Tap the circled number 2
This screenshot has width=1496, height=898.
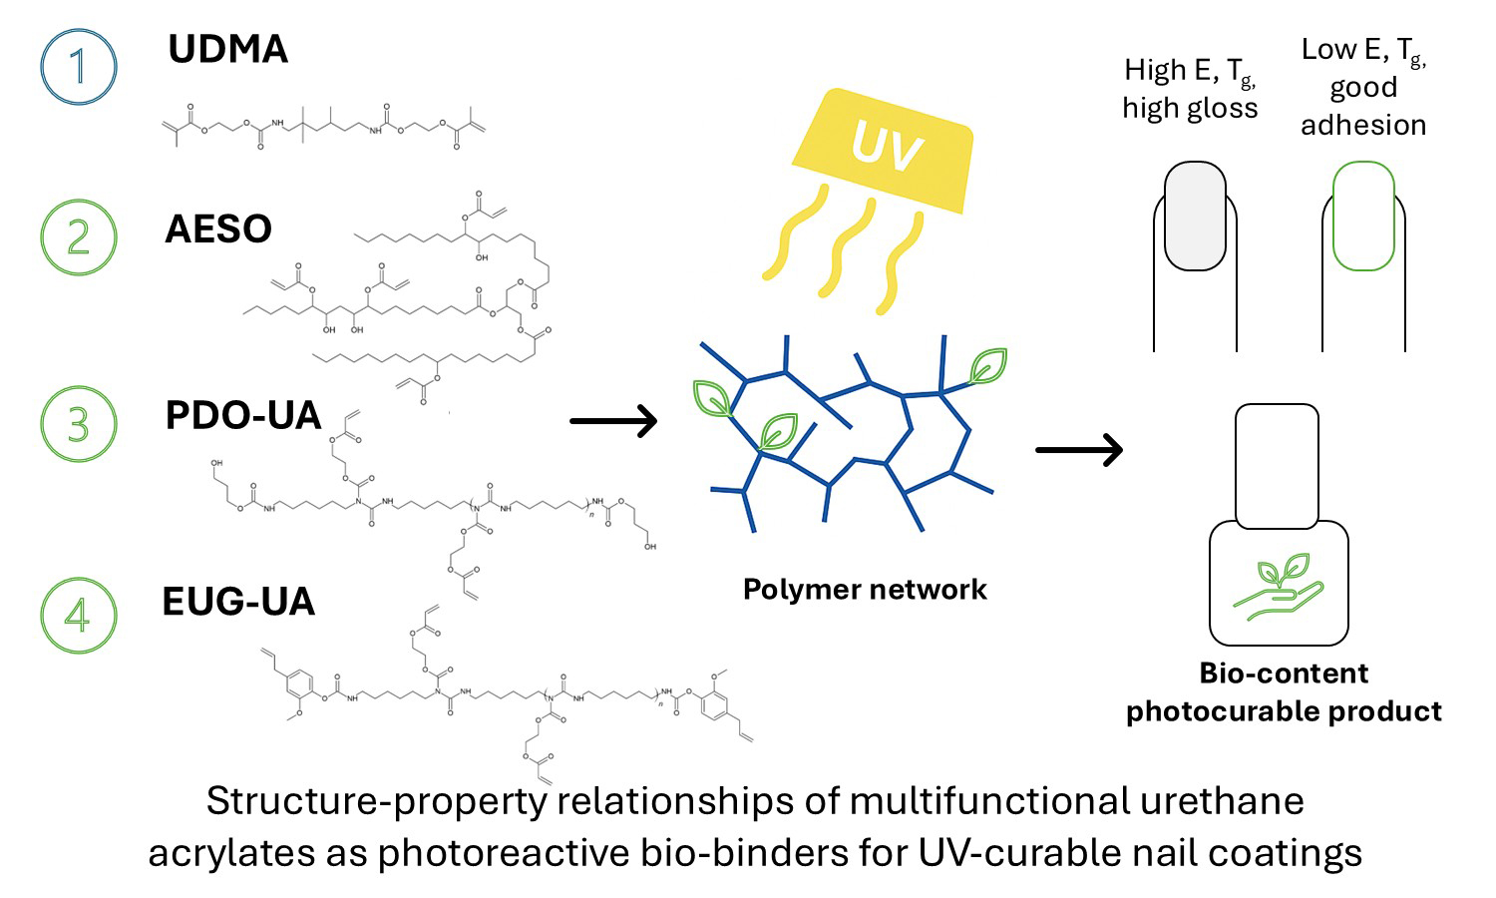coord(79,238)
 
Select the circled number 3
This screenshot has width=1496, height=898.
coord(79,423)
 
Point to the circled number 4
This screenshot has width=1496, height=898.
coord(79,615)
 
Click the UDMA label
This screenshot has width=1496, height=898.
coord(227,50)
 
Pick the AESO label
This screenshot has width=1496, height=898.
coord(218,229)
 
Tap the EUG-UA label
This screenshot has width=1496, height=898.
coord(238,602)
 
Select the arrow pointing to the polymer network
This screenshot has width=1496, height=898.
coord(613,421)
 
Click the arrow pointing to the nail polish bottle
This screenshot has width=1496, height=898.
coord(1079,450)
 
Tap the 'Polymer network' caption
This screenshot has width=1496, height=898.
coord(865,590)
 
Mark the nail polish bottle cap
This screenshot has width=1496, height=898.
coord(1277,465)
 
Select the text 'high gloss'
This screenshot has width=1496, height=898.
coord(1190,108)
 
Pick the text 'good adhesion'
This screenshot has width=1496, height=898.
coord(1363,106)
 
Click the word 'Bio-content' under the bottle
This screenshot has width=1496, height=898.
coord(1284,673)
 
